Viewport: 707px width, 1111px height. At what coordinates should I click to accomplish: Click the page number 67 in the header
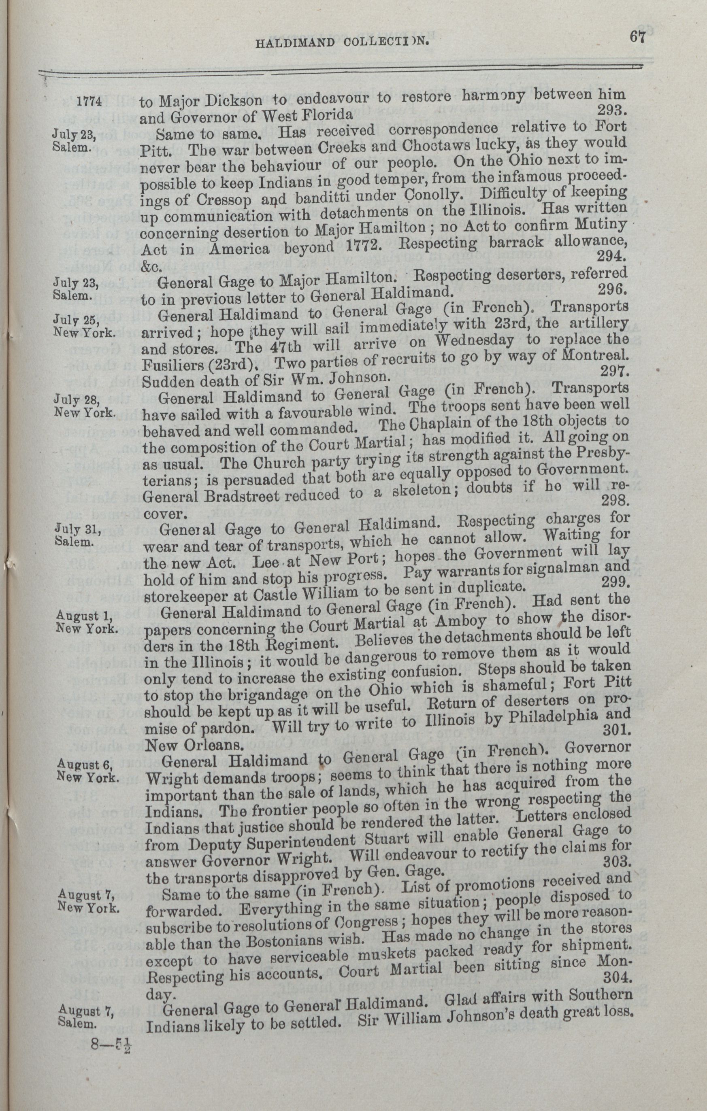point(636,36)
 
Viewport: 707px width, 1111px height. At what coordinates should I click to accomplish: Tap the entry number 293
point(611,110)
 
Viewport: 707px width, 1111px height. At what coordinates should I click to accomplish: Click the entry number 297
point(613,372)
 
